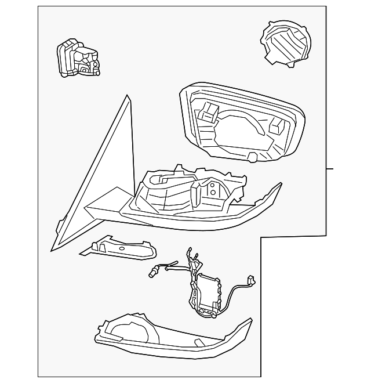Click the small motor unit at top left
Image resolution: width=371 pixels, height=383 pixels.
[x=77, y=59]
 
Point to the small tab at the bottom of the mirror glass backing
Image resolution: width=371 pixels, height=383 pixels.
[x=252, y=157]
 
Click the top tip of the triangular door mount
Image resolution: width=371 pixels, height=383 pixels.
[x=128, y=96]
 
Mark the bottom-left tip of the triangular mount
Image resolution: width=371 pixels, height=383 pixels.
[x=52, y=250]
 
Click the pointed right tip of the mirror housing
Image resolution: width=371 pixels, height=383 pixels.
[x=281, y=185]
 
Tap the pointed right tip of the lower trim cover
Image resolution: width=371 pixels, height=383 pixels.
[x=251, y=319]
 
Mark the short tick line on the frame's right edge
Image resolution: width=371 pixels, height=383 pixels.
[x=330, y=169]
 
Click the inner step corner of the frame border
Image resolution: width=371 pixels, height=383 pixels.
[x=261, y=237]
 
